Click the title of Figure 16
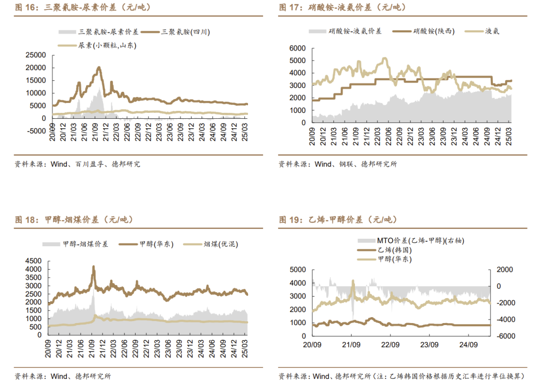pyautogui.click(x=82, y=7)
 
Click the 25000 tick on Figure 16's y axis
pyautogui.click(x=35, y=55)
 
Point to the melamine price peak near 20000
pyautogui.click(x=99, y=67)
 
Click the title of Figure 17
pyautogui.click(x=342, y=7)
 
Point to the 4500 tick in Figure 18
pyautogui.click(x=35, y=261)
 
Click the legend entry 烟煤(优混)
pyautogui.click(x=220, y=244)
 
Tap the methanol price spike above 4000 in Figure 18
pyautogui.click(x=93, y=268)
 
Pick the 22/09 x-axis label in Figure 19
pyautogui.click(x=390, y=345)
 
